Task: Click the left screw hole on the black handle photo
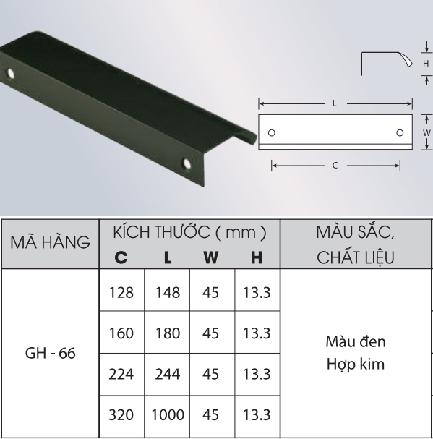[x=11, y=74]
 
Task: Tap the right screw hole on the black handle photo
[x=187, y=163]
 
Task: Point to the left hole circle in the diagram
[x=272, y=132]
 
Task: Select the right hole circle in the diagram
[x=400, y=132]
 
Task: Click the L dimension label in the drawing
[x=335, y=103]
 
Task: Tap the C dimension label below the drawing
[x=335, y=166]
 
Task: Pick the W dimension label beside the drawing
[x=426, y=132]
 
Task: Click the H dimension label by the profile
[x=426, y=64]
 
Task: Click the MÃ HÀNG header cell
[x=51, y=242]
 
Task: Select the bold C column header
[x=121, y=257]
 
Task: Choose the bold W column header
[x=211, y=257]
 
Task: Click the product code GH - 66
[x=51, y=353]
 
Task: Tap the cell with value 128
[x=121, y=293]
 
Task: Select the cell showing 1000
[x=168, y=414]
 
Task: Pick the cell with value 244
[x=168, y=374]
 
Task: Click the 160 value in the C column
[x=121, y=333]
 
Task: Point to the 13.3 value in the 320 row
[x=257, y=414]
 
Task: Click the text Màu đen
[x=356, y=341]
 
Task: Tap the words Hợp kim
[x=356, y=364]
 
